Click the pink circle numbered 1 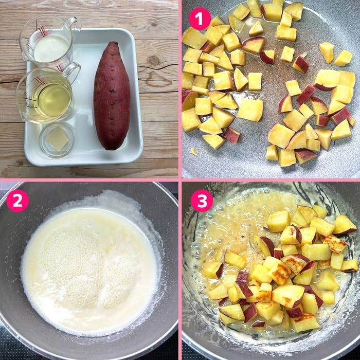click(x=200, y=19)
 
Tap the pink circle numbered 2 click(x=17, y=201)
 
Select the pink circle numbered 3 click(x=202, y=201)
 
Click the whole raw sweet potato click(x=112, y=95)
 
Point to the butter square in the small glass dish click(x=58, y=139)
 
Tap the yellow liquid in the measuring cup click(x=54, y=100)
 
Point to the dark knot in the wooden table click(x=154, y=61)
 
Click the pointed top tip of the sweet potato click(x=113, y=42)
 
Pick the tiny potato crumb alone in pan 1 click(x=194, y=152)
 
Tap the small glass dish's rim click(x=57, y=123)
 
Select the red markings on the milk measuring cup click(x=43, y=31)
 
